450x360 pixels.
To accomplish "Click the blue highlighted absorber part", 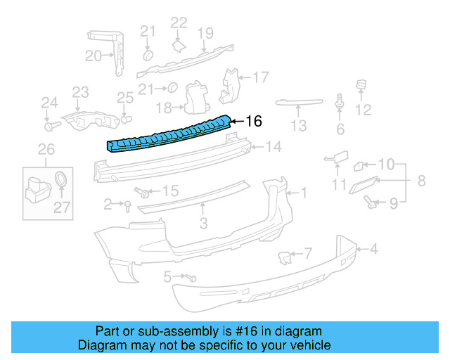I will (x=169, y=134).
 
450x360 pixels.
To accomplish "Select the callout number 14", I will (x=273, y=147).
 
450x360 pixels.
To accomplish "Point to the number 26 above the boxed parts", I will (x=46, y=149).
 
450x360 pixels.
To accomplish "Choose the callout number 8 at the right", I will (x=421, y=181).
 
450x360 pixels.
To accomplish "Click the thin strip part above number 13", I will (x=300, y=103).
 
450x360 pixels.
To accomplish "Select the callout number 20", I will (x=94, y=56).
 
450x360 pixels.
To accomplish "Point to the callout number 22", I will (x=179, y=22).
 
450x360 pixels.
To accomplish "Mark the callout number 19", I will (x=205, y=32).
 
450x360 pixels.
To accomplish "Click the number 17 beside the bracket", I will (x=261, y=77).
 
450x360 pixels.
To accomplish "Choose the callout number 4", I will (x=373, y=247).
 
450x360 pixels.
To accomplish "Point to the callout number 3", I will (x=203, y=224).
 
